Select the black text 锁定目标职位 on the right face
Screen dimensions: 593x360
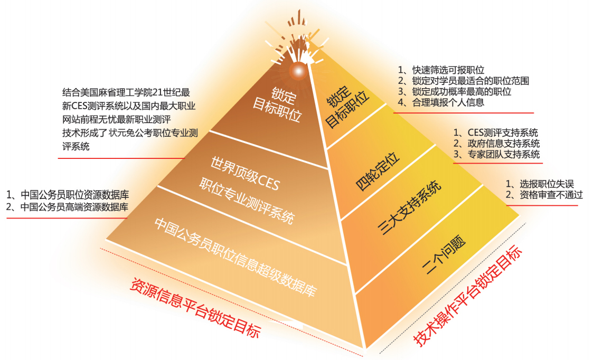[x=346, y=106]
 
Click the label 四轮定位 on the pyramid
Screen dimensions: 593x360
[x=378, y=171]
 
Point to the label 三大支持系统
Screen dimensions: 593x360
[x=409, y=208]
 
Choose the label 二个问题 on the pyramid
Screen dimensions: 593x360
[x=444, y=257]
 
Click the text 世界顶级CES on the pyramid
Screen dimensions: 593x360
[x=245, y=174]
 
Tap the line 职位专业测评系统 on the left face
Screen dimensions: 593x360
[x=247, y=201]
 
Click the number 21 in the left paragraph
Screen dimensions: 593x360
[x=158, y=92]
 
